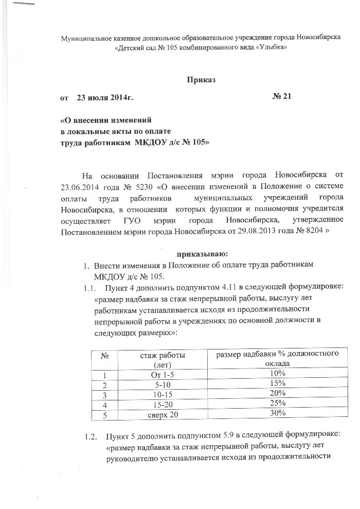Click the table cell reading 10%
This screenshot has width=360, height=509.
(277, 373)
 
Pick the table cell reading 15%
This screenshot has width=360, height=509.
(277, 383)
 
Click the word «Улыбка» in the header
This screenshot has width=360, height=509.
(267, 47)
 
